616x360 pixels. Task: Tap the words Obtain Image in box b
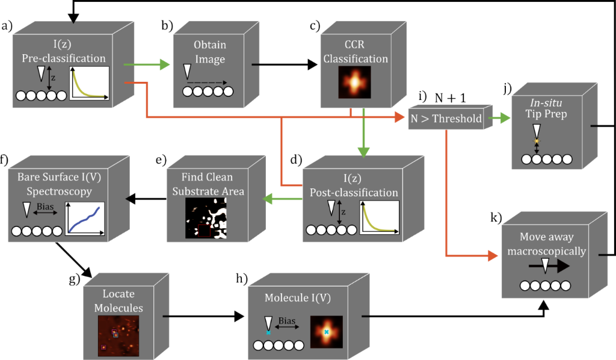pos(210,52)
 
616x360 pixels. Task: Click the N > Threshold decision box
pos(446,119)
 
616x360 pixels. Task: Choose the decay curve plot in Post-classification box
pos(380,219)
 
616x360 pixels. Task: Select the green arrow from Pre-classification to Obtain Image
pos(145,64)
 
